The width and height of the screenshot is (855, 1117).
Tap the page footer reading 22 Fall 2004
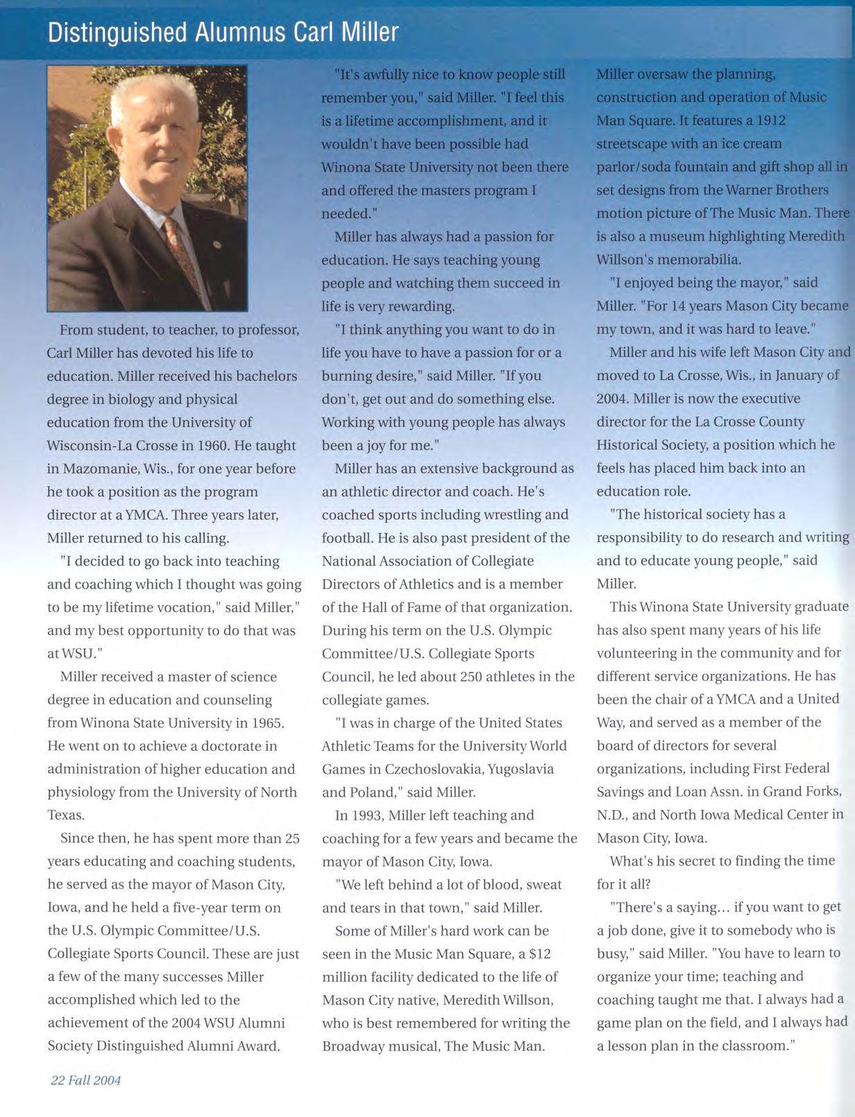(85, 1080)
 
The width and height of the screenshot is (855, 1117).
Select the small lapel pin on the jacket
(217, 244)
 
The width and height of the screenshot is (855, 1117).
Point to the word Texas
(65, 815)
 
